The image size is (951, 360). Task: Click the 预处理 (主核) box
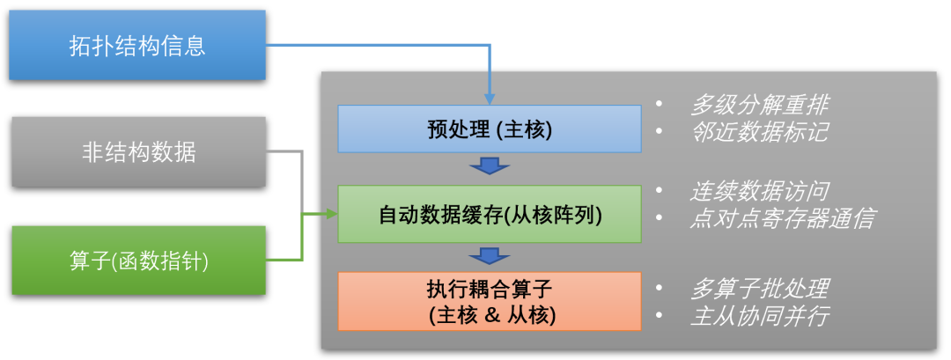click(490, 130)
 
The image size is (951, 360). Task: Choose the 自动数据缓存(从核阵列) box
click(490, 214)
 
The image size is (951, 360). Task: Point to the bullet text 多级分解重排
click(759, 105)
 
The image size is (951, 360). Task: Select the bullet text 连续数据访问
click(759, 190)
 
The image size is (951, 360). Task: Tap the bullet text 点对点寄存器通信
click(782, 217)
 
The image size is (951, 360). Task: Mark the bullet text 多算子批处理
click(759, 288)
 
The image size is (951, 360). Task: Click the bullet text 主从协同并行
click(759, 315)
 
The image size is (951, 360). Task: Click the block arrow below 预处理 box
click(490, 166)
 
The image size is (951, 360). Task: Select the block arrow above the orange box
click(490, 255)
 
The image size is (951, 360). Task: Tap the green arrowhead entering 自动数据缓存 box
click(331, 214)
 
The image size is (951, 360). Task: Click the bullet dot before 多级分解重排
click(660, 106)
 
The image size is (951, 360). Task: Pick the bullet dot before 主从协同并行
click(660, 315)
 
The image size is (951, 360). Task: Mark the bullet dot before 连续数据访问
click(660, 191)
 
